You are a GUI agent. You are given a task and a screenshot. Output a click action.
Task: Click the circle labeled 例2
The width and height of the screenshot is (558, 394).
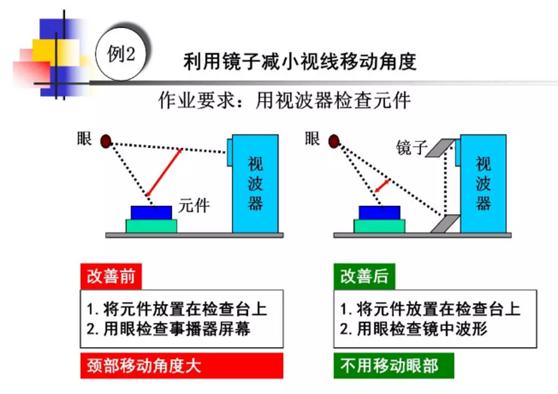coord(121,55)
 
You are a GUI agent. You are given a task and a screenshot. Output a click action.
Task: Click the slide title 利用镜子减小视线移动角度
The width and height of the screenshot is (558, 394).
coord(300,62)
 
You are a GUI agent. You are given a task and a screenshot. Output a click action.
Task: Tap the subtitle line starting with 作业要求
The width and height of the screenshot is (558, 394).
coord(284,100)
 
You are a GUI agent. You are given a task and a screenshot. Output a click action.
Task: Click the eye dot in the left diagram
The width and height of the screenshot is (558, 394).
coord(105,142)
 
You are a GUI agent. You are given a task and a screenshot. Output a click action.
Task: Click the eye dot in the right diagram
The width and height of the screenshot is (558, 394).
coord(333,142)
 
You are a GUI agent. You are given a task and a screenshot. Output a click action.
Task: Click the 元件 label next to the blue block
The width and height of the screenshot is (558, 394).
coord(194,205)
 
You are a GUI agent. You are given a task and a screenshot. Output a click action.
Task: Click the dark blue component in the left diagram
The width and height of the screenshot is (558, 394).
coord(151,212)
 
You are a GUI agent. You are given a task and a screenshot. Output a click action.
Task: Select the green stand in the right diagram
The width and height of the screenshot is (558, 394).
coord(379,226)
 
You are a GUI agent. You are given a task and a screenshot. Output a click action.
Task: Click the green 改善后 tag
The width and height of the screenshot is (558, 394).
coord(364,277)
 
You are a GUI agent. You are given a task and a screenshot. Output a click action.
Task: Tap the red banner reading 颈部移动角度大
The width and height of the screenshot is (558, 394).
coord(182,366)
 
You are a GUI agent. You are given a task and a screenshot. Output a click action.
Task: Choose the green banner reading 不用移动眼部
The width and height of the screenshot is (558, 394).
coord(394,366)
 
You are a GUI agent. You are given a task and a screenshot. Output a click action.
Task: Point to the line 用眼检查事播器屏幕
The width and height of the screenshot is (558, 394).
coord(175,329)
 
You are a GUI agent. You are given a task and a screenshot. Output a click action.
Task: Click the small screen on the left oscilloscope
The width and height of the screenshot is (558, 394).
coord(229,152)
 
